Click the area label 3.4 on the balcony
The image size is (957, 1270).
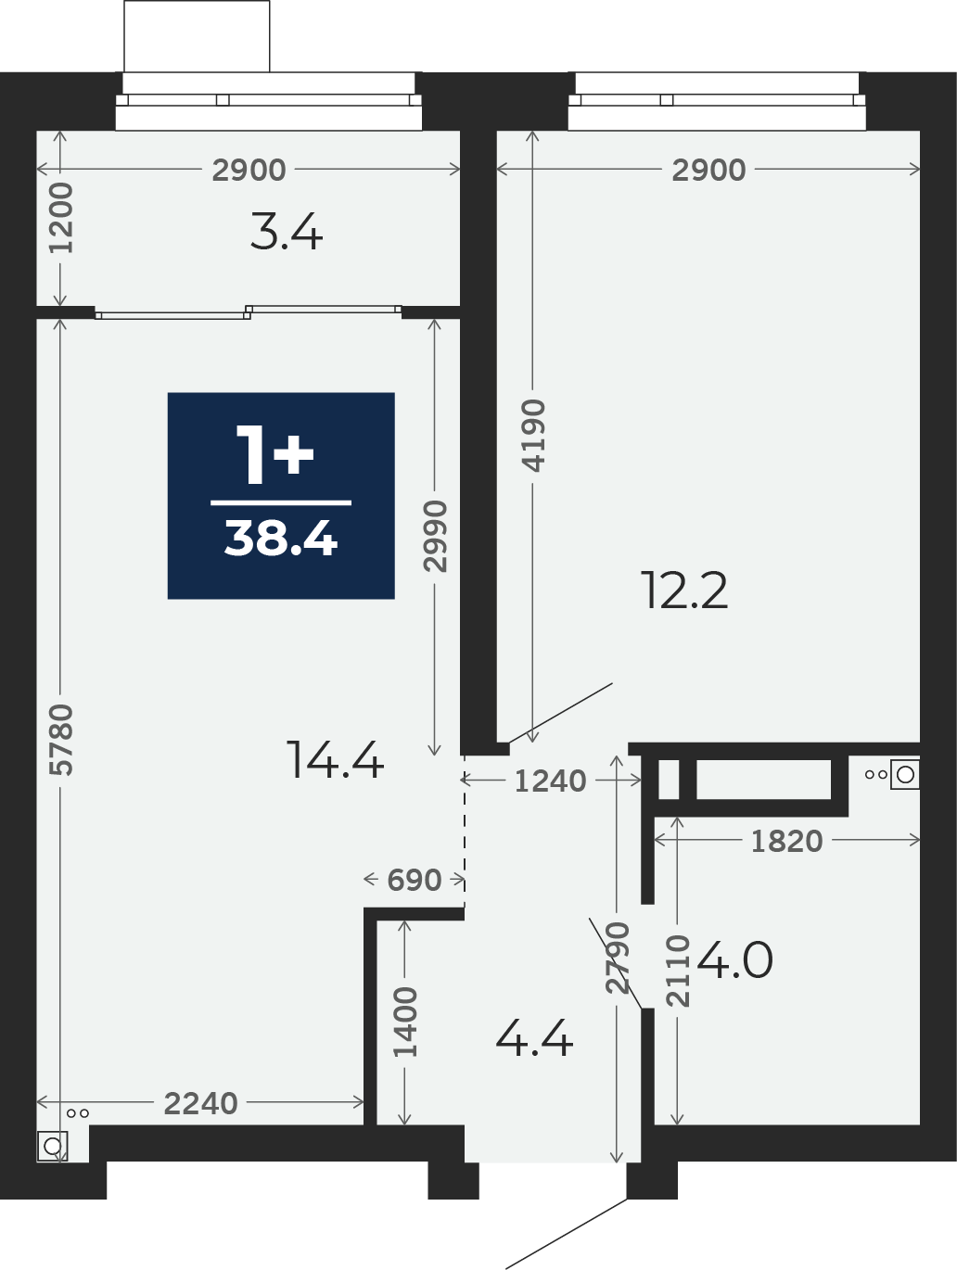pyautogui.click(x=287, y=232)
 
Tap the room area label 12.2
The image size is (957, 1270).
pyautogui.click(x=684, y=591)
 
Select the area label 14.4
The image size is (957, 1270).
pyautogui.click(x=335, y=760)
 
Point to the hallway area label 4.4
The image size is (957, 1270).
pyautogui.click(x=534, y=1038)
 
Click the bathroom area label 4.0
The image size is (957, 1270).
pyautogui.click(x=734, y=959)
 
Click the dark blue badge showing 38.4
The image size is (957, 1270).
pyautogui.click(x=281, y=495)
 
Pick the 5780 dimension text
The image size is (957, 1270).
pyautogui.click(x=61, y=740)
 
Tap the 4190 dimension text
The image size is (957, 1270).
pyautogui.click(x=533, y=435)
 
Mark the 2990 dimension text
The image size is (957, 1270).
pyautogui.click(x=435, y=537)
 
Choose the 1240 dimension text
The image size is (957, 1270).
pyautogui.click(x=550, y=781)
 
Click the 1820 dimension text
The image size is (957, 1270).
pyautogui.click(x=787, y=842)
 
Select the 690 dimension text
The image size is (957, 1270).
pyautogui.click(x=415, y=880)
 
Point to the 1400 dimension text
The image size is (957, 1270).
pyautogui.click(x=405, y=1022)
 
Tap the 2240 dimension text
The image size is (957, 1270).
pyautogui.click(x=201, y=1103)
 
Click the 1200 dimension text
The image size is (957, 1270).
pyautogui.click(x=61, y=218)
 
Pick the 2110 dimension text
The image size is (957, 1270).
pyautogui.click(x=678, y=972)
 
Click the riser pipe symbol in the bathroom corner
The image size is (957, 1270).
pyautogui.click(x=904, y=774)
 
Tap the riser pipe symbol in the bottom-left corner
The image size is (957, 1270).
pyautogui.click(x=52, y=1146)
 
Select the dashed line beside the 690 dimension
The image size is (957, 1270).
pyautogui.click(x=464, y=832)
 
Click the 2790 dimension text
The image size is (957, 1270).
pyautogui.click(x=618, y=959)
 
